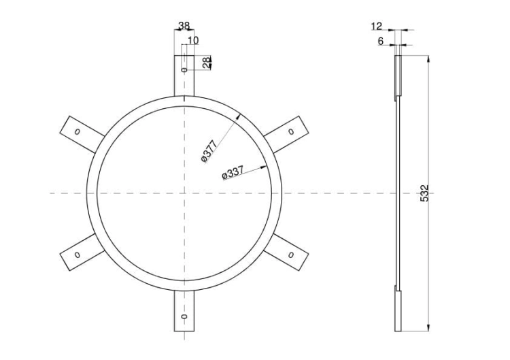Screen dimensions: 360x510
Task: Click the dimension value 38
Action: (184, 26)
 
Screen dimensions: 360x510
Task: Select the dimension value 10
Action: (193, 40)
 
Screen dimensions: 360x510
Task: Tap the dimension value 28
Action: (207, 62)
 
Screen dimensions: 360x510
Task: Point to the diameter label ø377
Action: (208, 151)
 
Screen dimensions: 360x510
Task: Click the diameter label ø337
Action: (233, 174)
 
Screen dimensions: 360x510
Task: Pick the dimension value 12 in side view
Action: (377, 26)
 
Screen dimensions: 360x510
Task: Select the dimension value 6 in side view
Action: (381, 41)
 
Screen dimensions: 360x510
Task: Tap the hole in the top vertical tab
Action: (184, 69)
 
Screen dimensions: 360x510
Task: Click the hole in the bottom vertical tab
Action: (184, 318)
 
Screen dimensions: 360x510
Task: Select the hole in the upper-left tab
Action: (76, 131)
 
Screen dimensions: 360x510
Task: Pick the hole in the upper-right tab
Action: (291, 131)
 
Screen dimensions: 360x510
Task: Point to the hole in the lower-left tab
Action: (76, 255)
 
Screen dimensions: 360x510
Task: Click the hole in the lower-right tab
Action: (291, 255)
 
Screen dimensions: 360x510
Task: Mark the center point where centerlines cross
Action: (184, 193)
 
